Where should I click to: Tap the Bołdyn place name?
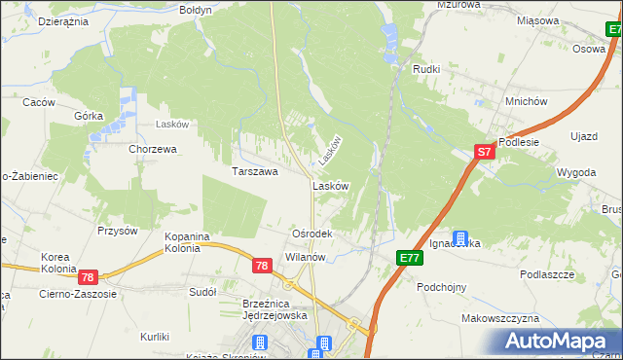tap(196, 9)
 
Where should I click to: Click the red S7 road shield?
tap(486, 152)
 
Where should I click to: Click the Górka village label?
tap(89, 114)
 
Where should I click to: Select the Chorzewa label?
tap(153, 149)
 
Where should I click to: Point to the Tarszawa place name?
tap(255, 171)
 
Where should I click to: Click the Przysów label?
tap(117, 231)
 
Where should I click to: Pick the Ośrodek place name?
tap(312, 234)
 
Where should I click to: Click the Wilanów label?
tap(304, 257)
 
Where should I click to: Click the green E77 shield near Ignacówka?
tap(410, 257)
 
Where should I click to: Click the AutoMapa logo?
tap(558, 342)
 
